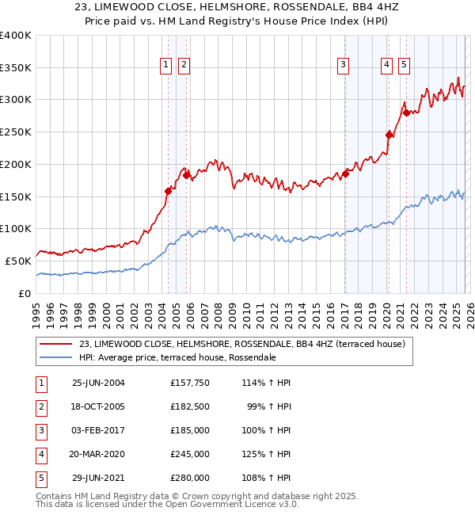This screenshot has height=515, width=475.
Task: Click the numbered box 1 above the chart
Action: click(166, 66)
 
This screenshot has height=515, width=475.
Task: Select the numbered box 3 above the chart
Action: click(344, 66)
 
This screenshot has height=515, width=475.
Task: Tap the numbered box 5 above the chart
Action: click(404, 66)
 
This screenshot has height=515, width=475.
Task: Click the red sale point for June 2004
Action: click(168, 191)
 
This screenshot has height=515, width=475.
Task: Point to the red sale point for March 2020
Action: click(389, 135)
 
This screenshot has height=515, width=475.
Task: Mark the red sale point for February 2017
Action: click(345, 174)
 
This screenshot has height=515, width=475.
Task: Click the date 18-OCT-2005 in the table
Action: click(99, 408)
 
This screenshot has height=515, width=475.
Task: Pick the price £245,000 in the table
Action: click(190, 455)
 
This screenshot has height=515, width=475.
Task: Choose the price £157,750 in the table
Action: click(190, 383)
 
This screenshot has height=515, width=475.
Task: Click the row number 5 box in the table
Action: click(40, 478)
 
